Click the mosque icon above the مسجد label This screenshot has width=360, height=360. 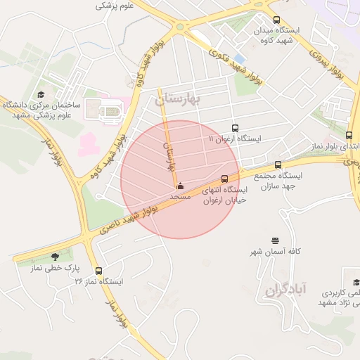[181, 186]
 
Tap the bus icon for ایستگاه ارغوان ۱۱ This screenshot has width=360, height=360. [235, 128]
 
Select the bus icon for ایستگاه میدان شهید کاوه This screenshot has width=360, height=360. [276, 20]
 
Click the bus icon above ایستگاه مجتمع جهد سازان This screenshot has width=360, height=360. [278, 165]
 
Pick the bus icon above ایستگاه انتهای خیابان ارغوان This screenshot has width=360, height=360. [224, 179]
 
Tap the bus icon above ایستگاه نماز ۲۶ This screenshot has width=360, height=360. [98, 271]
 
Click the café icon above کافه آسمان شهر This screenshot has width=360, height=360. [275, 241]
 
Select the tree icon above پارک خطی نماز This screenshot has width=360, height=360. [56, 257]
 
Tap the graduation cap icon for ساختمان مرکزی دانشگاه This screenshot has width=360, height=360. [41, 94]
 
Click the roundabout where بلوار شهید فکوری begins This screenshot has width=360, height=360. [181, 27]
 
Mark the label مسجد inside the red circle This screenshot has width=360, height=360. [181, 198]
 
